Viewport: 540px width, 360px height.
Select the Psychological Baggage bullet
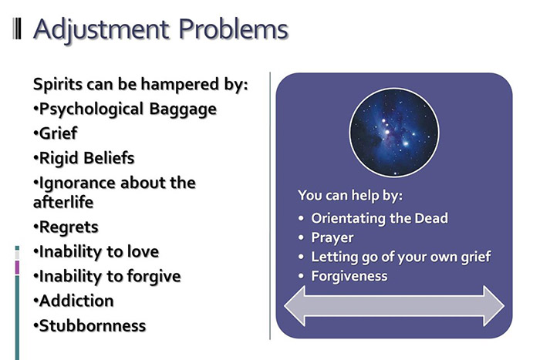(124, 109)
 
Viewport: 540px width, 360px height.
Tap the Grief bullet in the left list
(55, 133)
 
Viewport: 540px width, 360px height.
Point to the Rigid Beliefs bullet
(83, 157)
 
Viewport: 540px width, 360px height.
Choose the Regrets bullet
(66, 227)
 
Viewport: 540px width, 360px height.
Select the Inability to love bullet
(96, 252)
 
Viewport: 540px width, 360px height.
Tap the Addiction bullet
(73, 301)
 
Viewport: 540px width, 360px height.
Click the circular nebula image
(393, 130)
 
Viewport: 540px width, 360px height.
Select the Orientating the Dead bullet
(379, 218)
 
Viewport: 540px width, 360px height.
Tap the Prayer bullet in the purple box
(332, 237)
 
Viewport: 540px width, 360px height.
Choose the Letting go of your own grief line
(400, 257)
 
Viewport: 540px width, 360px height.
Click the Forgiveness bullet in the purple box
(349, 275)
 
